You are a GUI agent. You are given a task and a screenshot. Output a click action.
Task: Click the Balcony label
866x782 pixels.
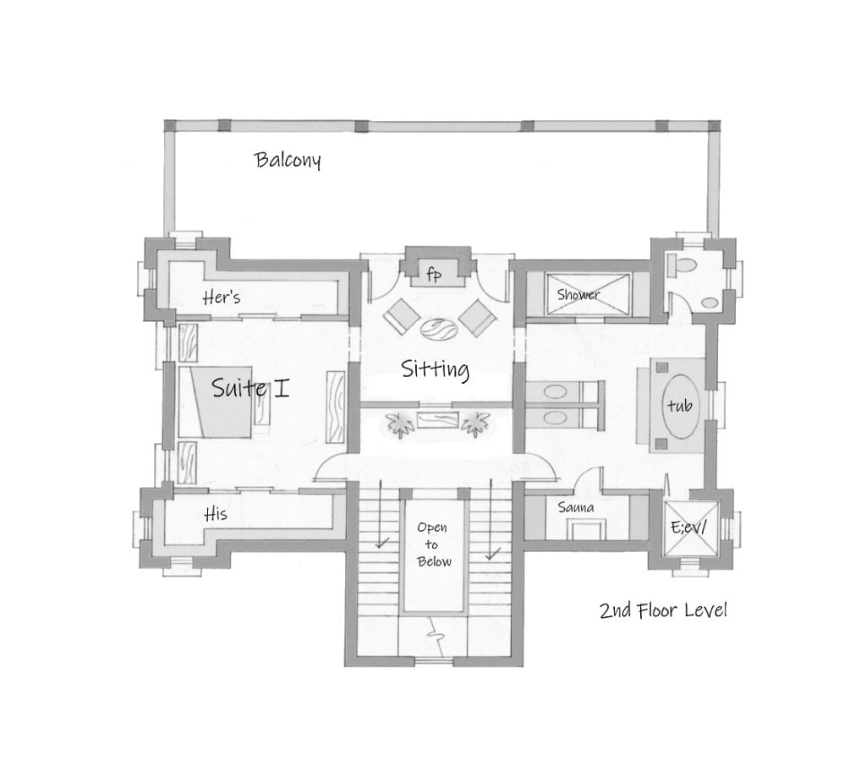click(x=288, y=161)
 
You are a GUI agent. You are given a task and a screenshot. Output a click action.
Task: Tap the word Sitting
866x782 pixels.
click(x=435, y=369)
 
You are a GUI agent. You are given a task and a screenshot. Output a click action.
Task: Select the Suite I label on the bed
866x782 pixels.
click(x=250, y=389)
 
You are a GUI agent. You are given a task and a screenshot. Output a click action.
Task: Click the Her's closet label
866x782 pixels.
click(x=222, y=298)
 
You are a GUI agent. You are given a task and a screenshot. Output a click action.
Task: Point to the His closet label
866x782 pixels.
click(x=216, y=514)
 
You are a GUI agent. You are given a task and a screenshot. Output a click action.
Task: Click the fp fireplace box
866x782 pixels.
click(x=433, y=274)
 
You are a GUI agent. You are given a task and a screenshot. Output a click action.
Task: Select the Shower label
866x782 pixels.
click(x=578, y=295)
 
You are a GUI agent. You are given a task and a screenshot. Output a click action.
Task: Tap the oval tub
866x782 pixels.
click(x=679, y=406)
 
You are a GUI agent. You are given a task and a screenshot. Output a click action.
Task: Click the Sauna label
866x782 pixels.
click(x=575, y=508)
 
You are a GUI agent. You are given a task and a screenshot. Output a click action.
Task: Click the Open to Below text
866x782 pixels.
click(x=432, y=544)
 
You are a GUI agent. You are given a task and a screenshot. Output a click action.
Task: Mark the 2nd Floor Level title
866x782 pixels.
click(x=663, y=610)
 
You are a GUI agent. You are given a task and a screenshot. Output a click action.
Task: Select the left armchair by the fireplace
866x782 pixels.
click(x=400, y=318)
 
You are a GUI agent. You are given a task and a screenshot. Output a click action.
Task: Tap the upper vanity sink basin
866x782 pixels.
click(x=556, y=392)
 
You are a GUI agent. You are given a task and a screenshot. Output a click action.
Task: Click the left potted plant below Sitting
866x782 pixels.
click(x=397, y=423)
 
